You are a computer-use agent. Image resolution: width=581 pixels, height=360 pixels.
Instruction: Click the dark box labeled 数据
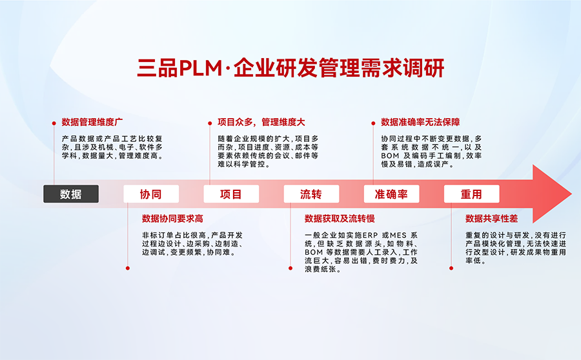(x=71, y=194)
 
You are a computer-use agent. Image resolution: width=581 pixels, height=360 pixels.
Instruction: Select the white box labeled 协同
(x=150, y=194)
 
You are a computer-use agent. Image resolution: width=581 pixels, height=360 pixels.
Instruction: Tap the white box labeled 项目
(x=231, y=194)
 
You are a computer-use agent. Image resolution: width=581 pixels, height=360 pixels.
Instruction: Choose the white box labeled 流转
(x=311, y=194)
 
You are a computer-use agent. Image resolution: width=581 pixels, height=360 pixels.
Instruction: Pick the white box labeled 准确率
(x=391, y=194)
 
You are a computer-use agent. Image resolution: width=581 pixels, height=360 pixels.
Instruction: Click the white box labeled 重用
(x=471, y=194)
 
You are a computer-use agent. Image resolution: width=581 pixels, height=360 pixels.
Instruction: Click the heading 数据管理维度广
(x=92, y=122)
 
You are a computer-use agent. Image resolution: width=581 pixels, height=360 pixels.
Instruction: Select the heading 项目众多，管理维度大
(x=256, y=122)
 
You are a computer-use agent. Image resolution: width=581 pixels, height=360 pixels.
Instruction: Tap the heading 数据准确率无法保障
(x=420, y=122)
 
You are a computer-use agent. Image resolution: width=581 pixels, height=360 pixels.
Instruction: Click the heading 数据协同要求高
(x=172, y=219)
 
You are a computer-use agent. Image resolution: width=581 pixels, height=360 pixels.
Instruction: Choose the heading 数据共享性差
(x=491, y=219)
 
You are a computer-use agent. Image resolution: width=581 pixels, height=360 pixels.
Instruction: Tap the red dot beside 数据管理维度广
(x=54, y=122)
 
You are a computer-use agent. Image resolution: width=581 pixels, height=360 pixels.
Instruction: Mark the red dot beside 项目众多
(x=210, y=122)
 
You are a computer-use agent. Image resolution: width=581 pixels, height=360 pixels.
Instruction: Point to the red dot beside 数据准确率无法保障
(x=373, y=122)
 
